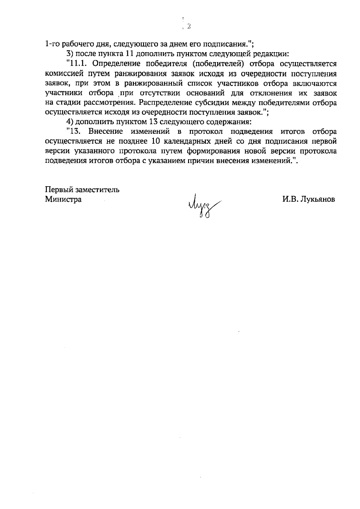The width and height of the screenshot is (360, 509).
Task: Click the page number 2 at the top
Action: click(x=189, y=26)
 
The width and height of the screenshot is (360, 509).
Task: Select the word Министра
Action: click(x=63, y=199)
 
